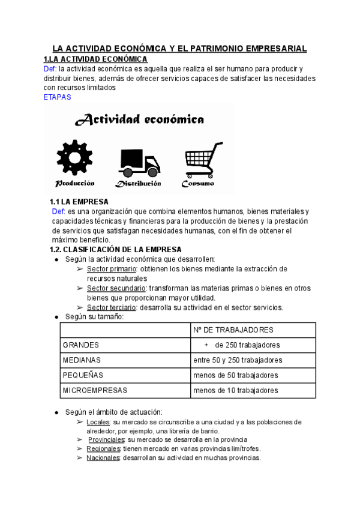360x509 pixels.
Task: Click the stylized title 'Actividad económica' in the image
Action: [139, 119]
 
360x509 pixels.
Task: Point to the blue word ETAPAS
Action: [58, 96]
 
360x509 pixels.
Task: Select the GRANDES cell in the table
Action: [81, 345]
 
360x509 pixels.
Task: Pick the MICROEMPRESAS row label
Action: [95, 390]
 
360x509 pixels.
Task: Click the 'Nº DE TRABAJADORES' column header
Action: [233, 330]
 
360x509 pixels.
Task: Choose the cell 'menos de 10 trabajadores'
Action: [236, 390]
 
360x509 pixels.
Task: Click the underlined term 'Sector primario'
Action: [112, 269]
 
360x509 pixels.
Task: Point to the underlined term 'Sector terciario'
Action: [112, 307]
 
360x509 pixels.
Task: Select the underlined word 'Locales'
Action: [98, 423]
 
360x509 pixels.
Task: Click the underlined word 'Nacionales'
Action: [103, 457]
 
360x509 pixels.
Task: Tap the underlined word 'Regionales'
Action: [103, 448]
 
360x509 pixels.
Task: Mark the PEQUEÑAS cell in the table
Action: [83, 375]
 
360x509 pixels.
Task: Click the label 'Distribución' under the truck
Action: [139, 183]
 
